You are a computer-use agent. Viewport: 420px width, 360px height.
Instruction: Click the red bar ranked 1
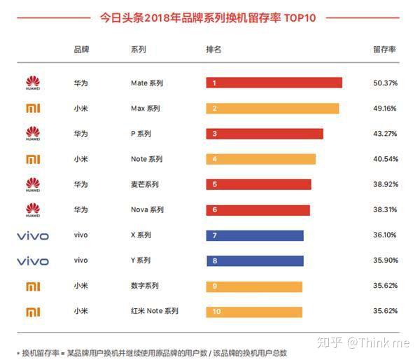[274, 83]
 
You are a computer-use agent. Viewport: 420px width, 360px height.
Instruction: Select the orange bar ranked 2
[272, 109]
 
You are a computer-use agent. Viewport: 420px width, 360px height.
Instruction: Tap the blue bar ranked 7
[255, 235]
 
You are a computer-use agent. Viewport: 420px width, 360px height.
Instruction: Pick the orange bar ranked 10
[254, 311]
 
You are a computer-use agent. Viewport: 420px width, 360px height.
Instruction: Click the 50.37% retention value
[385, 83]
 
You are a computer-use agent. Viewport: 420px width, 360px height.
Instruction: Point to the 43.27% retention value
[385, 134]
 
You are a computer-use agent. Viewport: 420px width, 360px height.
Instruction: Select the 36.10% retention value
[385, 235]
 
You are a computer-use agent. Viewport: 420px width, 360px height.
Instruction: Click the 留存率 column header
[384, 50]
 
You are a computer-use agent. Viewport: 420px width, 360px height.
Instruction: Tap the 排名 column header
[213, 50]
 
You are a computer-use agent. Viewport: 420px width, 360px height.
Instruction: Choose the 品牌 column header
[81, 50]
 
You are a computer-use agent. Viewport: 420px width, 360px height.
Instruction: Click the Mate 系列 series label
[147, 83]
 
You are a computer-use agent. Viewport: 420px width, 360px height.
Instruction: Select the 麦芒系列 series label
[145, 184]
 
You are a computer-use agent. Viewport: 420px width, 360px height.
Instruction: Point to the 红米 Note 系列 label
[155, 311]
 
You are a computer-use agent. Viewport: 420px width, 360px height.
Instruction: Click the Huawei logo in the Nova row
[33, 209]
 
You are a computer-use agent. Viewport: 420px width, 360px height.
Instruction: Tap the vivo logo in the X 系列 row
[33, 236]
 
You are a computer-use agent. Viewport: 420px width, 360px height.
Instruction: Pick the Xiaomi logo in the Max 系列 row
[33, 109]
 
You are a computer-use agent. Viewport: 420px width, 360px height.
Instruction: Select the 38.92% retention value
[385, 184]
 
